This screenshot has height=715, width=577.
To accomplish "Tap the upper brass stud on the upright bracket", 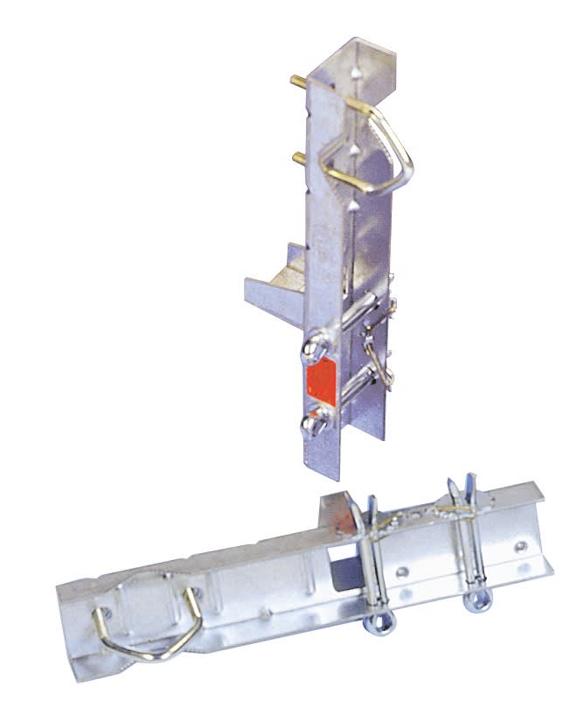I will [x=298, y=81].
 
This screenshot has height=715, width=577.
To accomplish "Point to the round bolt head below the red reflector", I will [x=314, y=426].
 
